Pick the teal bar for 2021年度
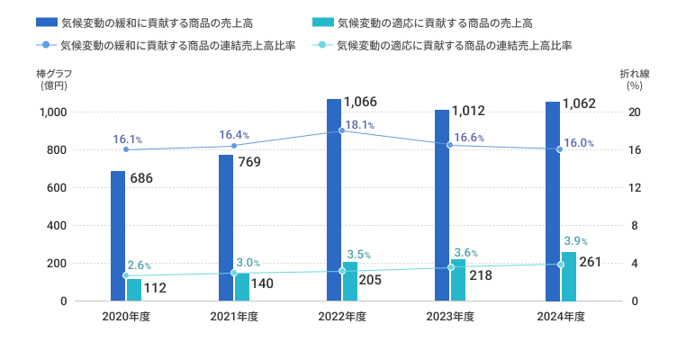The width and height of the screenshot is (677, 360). (x=242, y=287)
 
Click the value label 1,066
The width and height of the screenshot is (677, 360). (x=360, y=102)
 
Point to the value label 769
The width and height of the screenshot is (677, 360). (x=251, y=163)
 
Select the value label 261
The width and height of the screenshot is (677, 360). (x=590, y=262)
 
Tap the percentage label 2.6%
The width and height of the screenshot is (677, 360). (x=139, y=265)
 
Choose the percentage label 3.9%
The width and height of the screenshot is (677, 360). (x=575, y=241)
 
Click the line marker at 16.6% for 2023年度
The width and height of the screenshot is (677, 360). (x=450, y=145)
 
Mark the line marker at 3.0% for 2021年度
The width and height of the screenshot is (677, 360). (x=234, y=273)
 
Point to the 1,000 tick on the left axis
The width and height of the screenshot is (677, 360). (x=51, y=112)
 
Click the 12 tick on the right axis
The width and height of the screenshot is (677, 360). (x=634, y=188)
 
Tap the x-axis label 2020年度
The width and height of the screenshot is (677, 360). (x=126, y=317)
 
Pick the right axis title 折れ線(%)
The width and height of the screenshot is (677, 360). (x=634, y=79)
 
